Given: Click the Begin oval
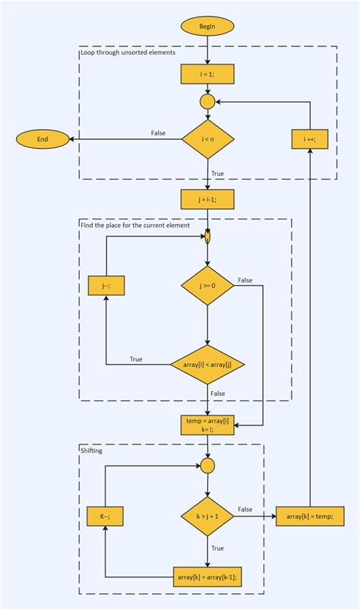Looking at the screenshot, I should pyautogui.click(x=207, y=26).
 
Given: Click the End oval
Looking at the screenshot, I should pyautogui.click(x=43, y=139).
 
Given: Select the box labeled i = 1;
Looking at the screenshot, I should pyautogui.click(x=207, y=74).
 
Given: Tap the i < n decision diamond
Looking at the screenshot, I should pyautogui.click(x=207, y=139).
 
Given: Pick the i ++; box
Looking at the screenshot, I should pyautogui.click(x=310, y=139).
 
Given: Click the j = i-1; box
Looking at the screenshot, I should pyautogui.click(x=207, y=199).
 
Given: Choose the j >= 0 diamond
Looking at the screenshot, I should pyautogui.click(x=207, y=286).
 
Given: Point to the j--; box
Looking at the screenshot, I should pyautogui.click(x=106, y=286).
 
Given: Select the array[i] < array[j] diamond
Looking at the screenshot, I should pyautogui.click(x=207, y=365).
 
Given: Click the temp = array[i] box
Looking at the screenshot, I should pyautogui.click(x=207, y=424).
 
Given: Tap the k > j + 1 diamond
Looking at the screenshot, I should pyautogui.click(x=207, y=517).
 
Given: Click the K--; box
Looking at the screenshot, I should pyautogui.click(x=106, y=517).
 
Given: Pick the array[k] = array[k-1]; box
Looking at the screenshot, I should pyautogui.click(x=207, y=577).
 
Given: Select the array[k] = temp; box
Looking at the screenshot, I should pyautogui.click(x=310, y=517).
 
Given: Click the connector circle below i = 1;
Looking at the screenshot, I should pyautogui.click(x=207, y=101).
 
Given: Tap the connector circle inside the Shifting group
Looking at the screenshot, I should pyautogui.click(x=207, y=465).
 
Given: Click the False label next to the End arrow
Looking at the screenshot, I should pyautogui.click(x=158, y=133).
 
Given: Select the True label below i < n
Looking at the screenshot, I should pyautogui.click(x=217, y=173).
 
